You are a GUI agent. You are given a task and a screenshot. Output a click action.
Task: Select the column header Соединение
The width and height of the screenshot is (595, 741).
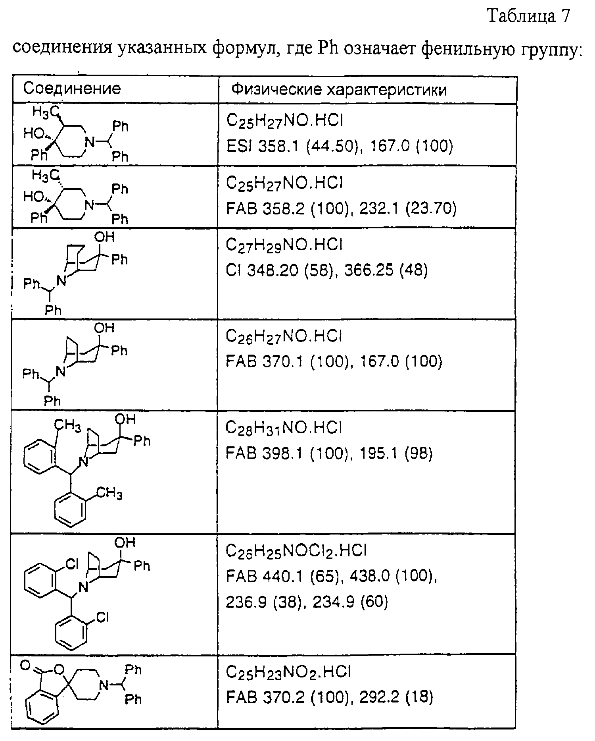(x=72, y=88)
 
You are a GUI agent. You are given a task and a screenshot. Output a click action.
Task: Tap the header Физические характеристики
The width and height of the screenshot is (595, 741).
(x=339, y=90)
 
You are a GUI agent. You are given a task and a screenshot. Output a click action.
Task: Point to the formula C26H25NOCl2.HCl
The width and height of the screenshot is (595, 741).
(x=296, y=551)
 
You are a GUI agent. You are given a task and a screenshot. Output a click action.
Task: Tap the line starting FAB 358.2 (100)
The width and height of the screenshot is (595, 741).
(x=341, y=208)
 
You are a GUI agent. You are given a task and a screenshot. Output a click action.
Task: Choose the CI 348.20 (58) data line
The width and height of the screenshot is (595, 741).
(x=327, y=270)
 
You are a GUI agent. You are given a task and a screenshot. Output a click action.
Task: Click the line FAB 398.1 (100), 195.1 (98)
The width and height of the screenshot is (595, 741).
(x=329, y=453)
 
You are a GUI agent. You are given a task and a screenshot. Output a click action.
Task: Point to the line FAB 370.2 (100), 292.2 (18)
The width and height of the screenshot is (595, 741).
(x=329, y=697)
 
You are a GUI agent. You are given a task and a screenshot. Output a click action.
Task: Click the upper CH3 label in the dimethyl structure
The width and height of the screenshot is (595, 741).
(x=68, y=426)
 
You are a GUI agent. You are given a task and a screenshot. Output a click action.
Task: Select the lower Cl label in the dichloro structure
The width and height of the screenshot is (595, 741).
(x=102, y=617)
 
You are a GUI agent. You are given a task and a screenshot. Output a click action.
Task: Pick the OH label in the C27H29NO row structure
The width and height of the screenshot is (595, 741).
(x=105, y=237)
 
